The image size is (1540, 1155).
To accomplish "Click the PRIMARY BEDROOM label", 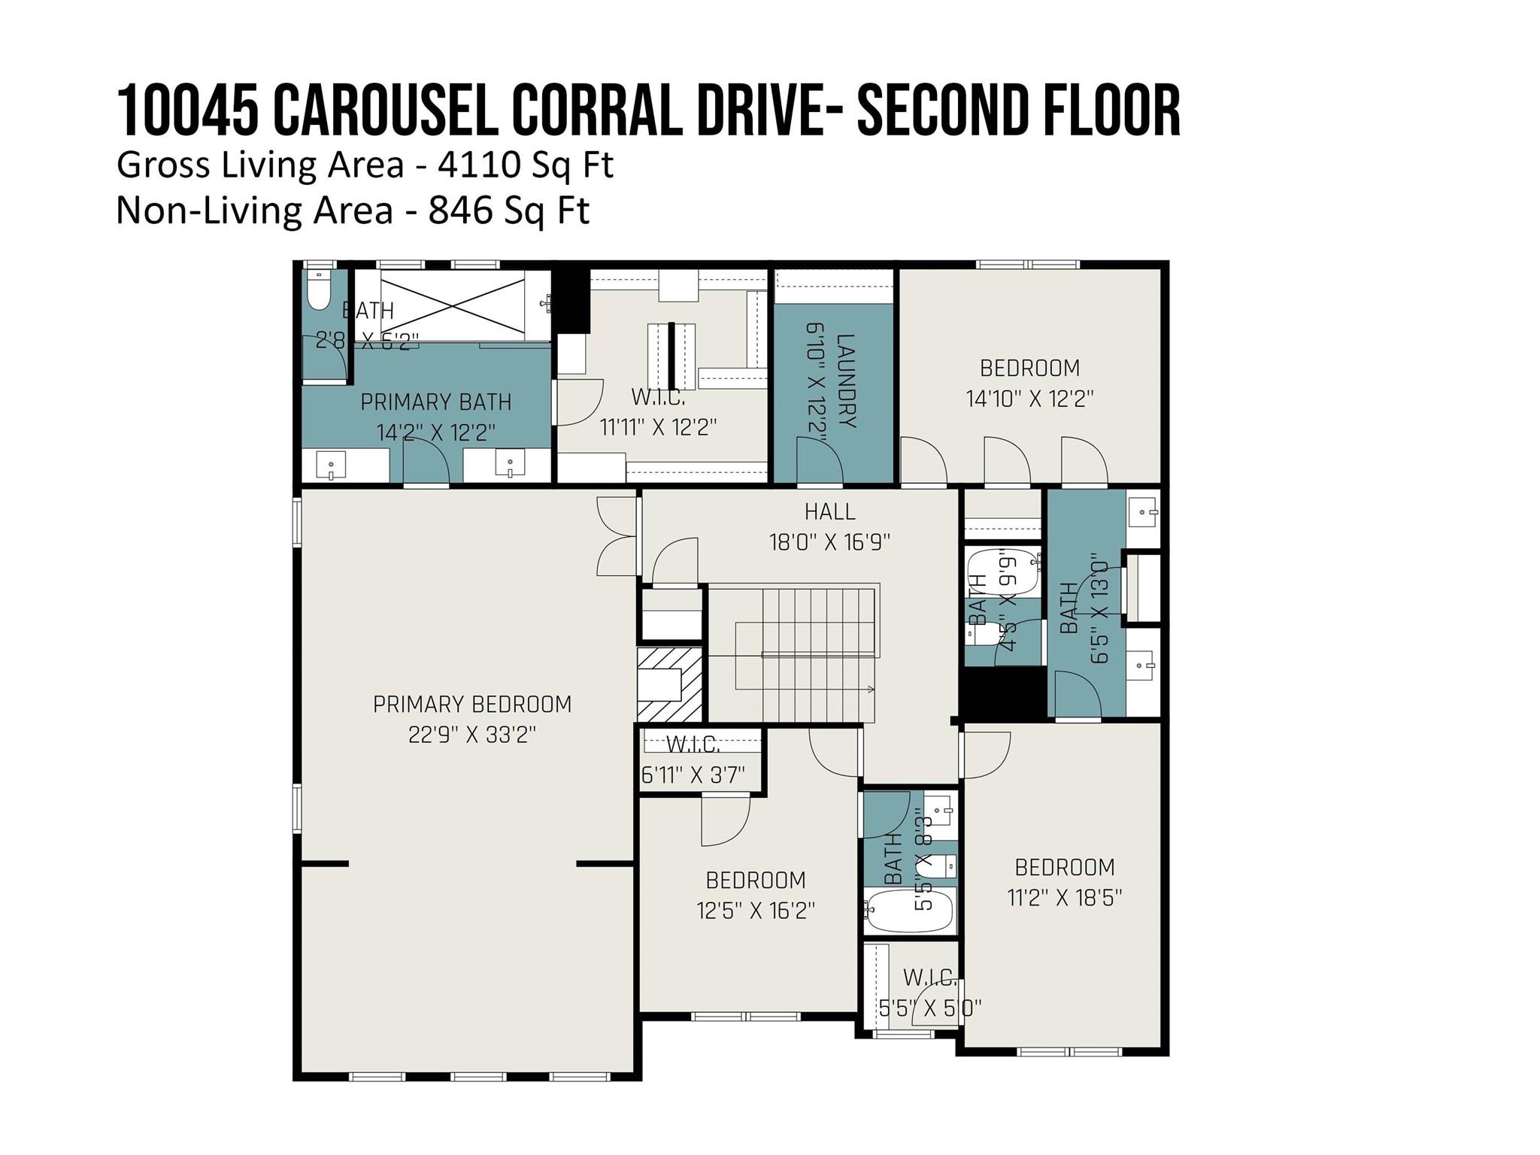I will [472, 705].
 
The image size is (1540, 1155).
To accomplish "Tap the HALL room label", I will [829, 512].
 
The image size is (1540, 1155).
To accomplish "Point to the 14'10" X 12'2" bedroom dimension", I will [1029, 399].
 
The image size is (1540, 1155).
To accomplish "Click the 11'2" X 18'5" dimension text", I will [1065, 898].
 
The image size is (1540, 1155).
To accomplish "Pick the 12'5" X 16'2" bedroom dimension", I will [756, 911].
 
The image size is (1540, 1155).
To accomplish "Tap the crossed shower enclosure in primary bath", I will [453, 305].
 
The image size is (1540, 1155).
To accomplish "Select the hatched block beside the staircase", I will [670, 684].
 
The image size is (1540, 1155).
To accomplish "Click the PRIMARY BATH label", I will [436, 402].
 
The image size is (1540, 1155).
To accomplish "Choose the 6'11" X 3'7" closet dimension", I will [693, 775].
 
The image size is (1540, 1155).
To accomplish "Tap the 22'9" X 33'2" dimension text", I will [472, 735].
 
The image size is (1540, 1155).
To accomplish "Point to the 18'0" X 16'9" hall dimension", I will [829, 542].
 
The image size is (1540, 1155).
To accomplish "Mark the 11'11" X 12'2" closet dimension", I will [658, 428].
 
